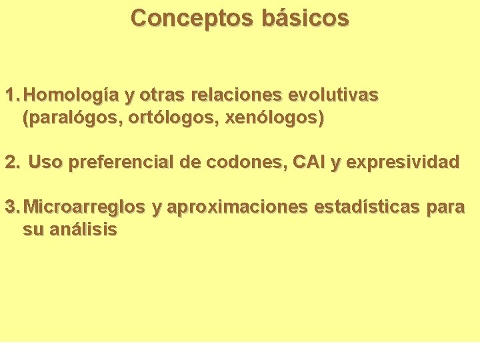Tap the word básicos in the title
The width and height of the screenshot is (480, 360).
pyautogui.click(x=305, y=18)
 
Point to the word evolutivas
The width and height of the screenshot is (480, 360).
pyautogui.click(x=333, y=96)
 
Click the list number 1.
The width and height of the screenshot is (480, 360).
pyautogui.click(x=12, y=96)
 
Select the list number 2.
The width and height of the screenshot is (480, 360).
pyautogui.click(x=12, y=162)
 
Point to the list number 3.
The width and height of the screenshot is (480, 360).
pyautogui.click(x=12, y=207)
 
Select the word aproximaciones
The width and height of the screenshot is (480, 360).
pyautogui.click(x=237, y=207)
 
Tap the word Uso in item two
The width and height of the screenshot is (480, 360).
pyautogui.click(x=44, y=162)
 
